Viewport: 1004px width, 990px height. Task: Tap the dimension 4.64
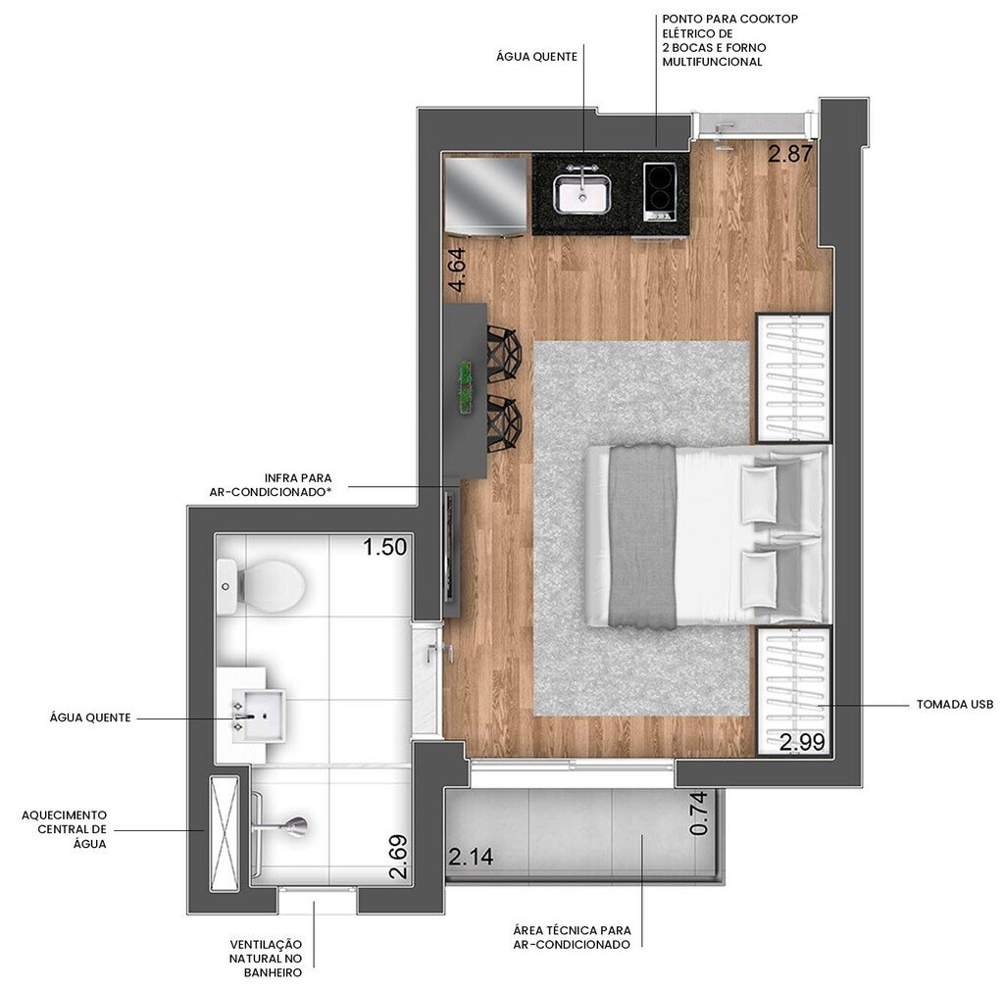coord(457,271)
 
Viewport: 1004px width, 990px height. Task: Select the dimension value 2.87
coord(790,154)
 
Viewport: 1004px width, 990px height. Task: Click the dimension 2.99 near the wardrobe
coord(802,742)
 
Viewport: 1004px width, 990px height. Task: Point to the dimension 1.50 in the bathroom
coord(384,547)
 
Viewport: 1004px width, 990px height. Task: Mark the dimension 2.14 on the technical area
coord(471,859)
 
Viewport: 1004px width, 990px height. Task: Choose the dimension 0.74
coord(699,814)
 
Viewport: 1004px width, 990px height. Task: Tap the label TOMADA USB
coord(954,705)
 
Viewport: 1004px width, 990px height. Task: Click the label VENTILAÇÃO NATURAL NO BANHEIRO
coord(266,958)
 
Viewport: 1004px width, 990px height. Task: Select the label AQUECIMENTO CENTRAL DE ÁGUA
coord(65,829)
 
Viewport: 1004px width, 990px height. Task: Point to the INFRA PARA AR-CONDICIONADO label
coord(271,485)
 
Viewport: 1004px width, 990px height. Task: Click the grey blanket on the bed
coord(642,535)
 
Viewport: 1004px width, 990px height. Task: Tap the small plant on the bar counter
coord(465,385)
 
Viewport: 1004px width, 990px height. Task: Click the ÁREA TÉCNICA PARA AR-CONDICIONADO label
coord(572,937)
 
